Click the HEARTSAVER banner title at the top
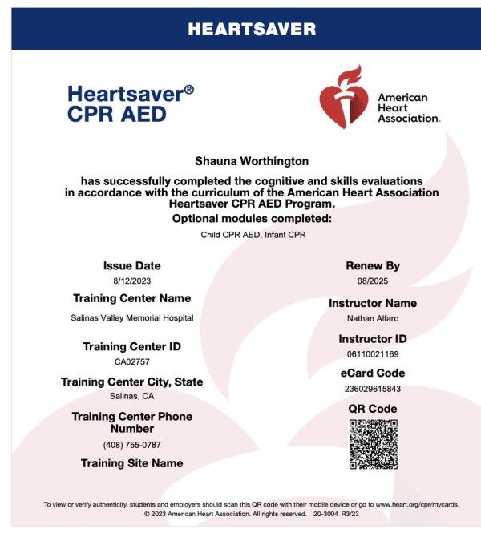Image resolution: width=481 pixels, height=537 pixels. pyautogui.click(x=252, y=30)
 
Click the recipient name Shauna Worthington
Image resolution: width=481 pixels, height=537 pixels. pyautogui.click(x=252, y=162)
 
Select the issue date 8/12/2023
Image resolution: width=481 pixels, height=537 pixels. pyautogui.click(x=131, y=281)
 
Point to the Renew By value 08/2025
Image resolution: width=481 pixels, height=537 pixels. pyautogui.click(x=372, y=281)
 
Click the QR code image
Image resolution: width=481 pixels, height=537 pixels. pyautogui.click(x=374, y=444)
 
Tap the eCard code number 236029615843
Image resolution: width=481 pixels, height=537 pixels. pyautogui.click(x=372, y=389)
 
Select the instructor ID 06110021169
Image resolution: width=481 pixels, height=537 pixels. pyautogui.click(x=372, y=353)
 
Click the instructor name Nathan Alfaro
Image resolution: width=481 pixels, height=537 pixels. pyautogui.click(x=372, y=318)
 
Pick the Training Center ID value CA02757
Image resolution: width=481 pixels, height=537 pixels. pyautogui.click(x=131, y=361)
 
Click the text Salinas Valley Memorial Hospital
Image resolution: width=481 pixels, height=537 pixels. pyautogui.click(x=131, y=318)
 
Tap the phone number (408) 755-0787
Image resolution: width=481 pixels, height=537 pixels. pyautogui.click(x=131, y=445)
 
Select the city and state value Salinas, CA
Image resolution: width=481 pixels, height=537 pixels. pyautogui.click(x=131, y=396)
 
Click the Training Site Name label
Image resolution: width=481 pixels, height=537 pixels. pyautogui.click(x=131, y=463)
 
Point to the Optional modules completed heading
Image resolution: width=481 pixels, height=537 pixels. pyautogui.click(x=252, y=219)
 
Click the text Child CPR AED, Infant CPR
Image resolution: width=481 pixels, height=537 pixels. pyautogui.click(x=252, y=236)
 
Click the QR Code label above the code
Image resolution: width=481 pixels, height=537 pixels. pyautogui.click(x=372, y=409)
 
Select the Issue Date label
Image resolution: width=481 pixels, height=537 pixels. pyautogui.click(x=131, y=265)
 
